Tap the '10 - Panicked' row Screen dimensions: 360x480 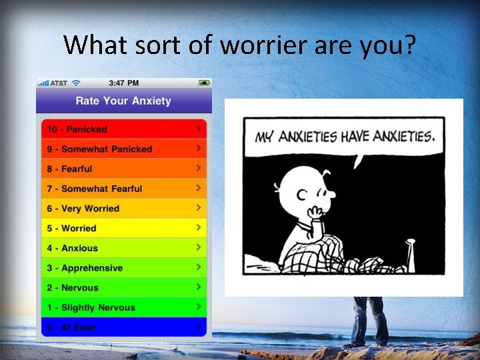(123, 129)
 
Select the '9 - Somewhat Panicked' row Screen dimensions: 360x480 (123, 149)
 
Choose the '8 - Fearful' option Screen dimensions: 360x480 (123, 169)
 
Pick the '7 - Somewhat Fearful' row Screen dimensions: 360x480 (123, 189)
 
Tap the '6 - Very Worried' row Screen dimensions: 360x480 (123, 209)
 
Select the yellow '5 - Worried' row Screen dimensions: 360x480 (123, 228)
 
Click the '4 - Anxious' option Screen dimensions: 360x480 (123, 248)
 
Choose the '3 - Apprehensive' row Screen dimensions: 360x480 (123, 268)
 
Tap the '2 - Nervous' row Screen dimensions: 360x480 (123, 288)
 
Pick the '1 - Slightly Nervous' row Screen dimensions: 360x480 (123, 307)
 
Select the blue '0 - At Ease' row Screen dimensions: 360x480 (123, 327)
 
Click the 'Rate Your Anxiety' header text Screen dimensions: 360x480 (123, 101)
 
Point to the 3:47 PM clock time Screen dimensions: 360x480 (123, 83)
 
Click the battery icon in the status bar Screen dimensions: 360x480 (204, 83)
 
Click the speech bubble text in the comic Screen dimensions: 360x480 (345, 137)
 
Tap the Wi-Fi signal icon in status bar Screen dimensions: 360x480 (77, 83)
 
